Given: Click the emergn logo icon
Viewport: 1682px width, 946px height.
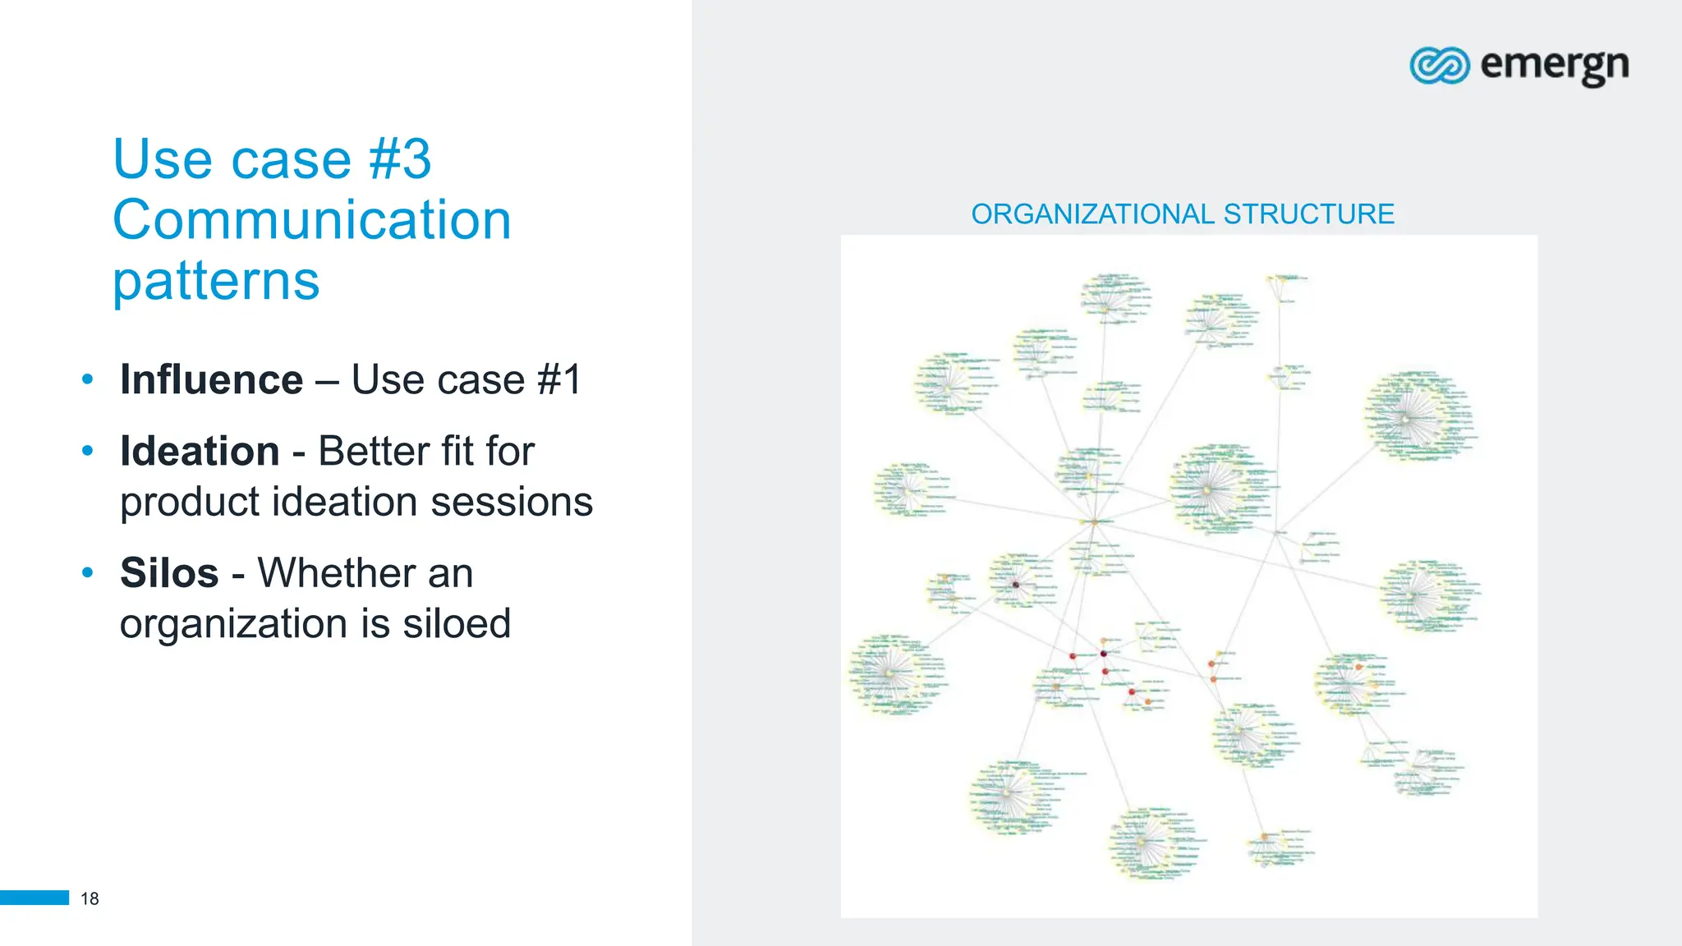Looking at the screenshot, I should coord(1439,65).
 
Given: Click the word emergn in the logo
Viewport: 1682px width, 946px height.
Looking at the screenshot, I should coord(1554,65).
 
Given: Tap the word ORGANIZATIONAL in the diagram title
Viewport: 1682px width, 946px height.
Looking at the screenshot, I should coord(1092,214).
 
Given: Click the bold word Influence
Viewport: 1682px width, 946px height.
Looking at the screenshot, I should coord(212,380).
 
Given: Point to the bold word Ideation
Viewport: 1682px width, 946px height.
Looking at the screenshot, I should coord(200,452).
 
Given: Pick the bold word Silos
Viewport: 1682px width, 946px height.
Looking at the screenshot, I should coord(169,573).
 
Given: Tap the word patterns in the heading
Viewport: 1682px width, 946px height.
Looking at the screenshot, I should coord(216,282).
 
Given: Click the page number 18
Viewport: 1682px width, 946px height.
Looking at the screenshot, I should coord(90,898).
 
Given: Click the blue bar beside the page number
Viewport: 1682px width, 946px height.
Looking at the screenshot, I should coord(34,898).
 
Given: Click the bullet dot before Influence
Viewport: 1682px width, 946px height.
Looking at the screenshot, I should coord(88,380).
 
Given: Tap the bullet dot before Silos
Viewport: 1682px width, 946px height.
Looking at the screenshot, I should coord(88,572).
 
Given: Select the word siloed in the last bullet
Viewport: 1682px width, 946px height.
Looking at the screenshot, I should coord(457,624).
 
